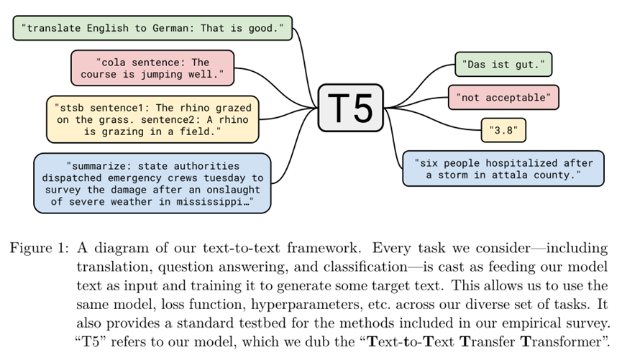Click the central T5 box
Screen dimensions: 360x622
point(351,108)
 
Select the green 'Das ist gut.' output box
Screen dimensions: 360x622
point(503,65)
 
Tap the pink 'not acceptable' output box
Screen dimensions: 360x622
point(503,97)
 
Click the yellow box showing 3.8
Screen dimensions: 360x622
point(503,131)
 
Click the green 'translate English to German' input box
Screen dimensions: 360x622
point(152,29)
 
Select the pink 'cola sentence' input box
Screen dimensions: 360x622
point(152,68)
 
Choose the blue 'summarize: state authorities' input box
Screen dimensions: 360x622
point(152,183)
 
